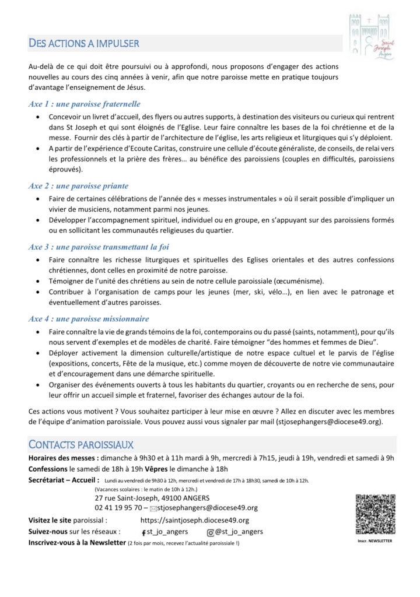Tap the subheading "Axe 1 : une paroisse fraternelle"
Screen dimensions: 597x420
(x=84, y=104)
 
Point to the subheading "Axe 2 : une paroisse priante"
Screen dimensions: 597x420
(x=78, y=186)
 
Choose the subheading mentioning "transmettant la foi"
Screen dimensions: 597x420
(x=99, y=247)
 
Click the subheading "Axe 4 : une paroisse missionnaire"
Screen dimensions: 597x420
(x=89, y=319)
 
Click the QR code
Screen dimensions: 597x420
(x=375, y=514)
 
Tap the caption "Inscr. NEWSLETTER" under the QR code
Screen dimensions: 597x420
(x=375, y=541)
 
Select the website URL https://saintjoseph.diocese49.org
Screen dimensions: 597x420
(x=195, y=520)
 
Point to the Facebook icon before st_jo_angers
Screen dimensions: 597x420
(x=143, y=532)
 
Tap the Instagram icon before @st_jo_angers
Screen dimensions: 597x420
(x=211, y=532)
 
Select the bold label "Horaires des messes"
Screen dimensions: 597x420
(x=64, y=458)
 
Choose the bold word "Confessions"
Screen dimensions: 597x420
(x=48, y=469)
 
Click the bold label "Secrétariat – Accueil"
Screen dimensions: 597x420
(x=63, y=480)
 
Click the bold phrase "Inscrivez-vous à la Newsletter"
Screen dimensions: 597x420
(x=77, y=542)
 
